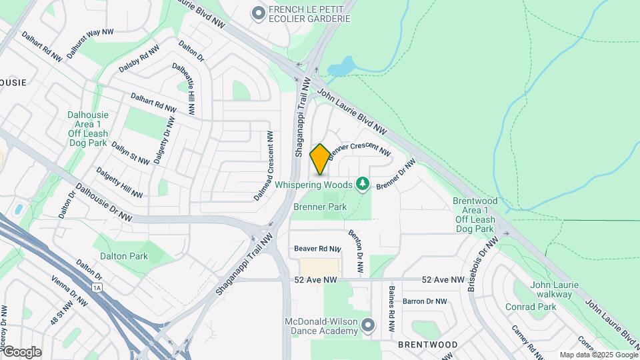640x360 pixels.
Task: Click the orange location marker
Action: (320, 159)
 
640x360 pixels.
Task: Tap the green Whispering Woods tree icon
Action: (363, 183)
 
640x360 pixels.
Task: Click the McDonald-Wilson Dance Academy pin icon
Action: (369, 325)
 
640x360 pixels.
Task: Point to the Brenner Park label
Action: (320, 207)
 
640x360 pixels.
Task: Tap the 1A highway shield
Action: (98, 288)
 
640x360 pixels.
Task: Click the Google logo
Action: (22, 351)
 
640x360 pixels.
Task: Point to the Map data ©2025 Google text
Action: (598, 355)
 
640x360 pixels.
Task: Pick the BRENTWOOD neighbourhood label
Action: (427, 345)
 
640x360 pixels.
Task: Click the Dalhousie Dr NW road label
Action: (103, 203)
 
